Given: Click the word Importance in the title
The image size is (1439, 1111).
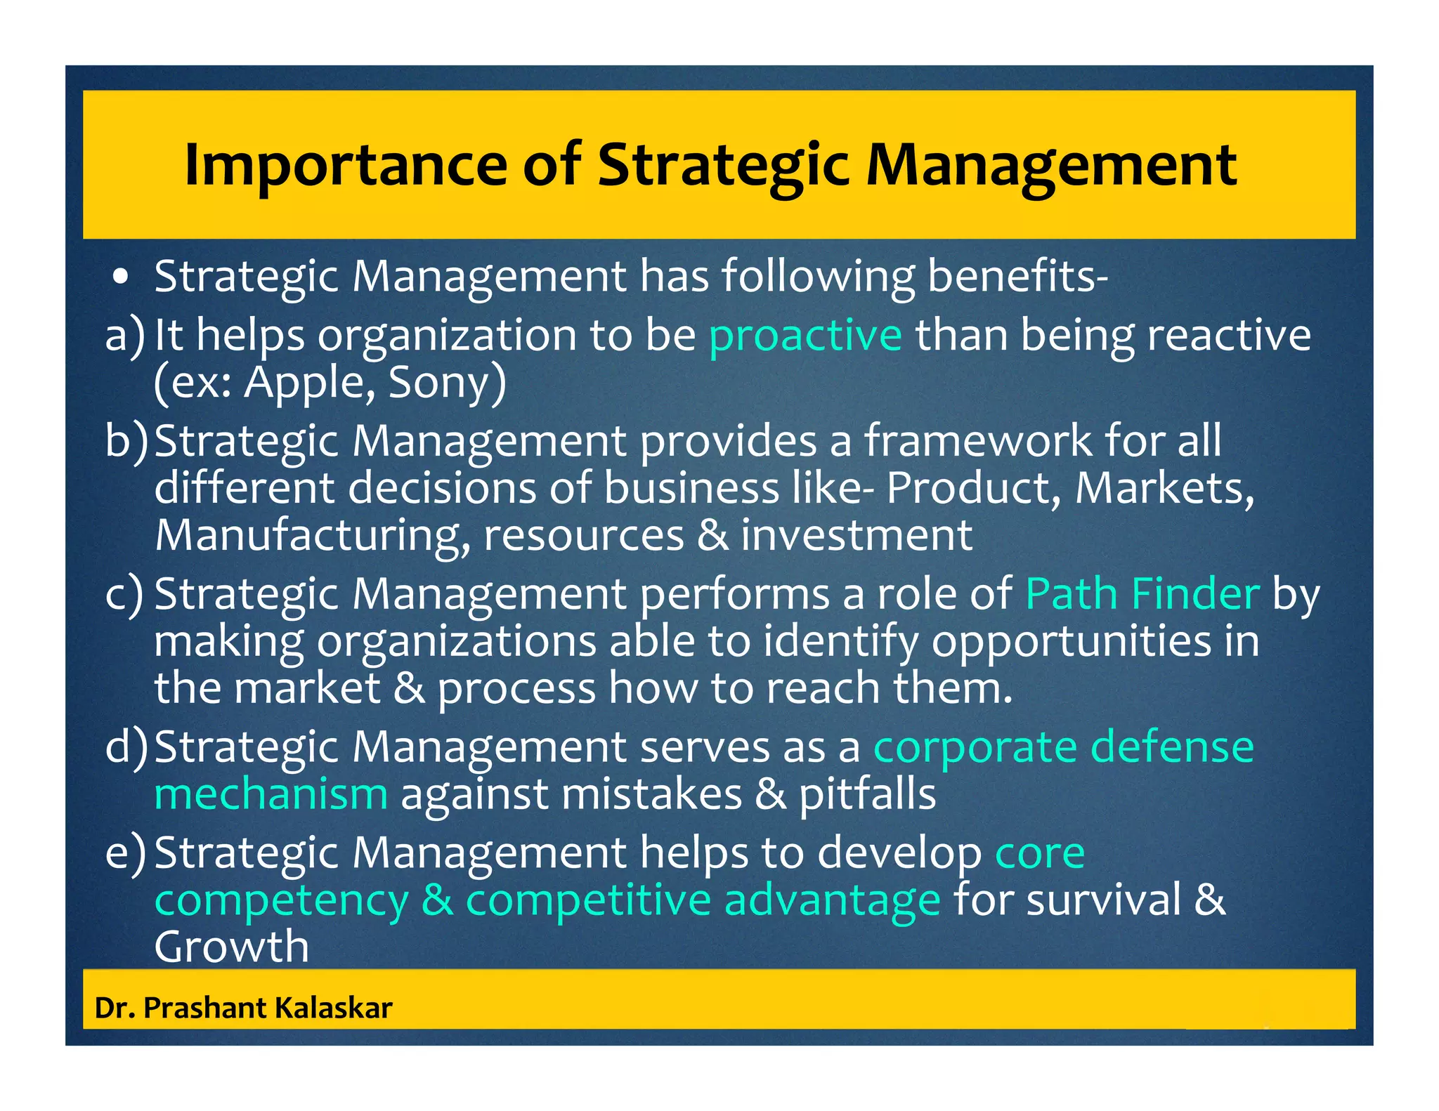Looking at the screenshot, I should pos(345,166).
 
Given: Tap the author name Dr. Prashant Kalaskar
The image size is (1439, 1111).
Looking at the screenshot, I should pos(243,1008).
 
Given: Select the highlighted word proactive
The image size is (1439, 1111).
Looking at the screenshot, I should pos(805,335).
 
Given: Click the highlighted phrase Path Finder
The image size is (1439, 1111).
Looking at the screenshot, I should pos(1142,594).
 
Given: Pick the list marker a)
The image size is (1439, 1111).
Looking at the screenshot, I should pos(124,335).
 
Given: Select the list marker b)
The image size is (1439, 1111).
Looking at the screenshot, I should pos(126,441).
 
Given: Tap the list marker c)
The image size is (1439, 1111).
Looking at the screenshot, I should pos(124,594).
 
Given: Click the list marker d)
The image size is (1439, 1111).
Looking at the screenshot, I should pos(126,747).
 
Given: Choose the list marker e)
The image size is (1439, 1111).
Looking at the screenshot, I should pos(125,852).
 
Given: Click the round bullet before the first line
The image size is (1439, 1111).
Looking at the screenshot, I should pos(122,277).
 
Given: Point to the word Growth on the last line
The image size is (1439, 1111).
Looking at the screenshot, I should pos(231,947).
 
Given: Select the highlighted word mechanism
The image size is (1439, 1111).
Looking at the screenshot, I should pos(271,794).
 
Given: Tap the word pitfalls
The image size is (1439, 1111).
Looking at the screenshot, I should pos(867,794).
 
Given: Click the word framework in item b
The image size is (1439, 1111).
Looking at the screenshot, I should pos(977,441).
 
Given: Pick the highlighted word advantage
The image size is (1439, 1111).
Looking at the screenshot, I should pos(832,900).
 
